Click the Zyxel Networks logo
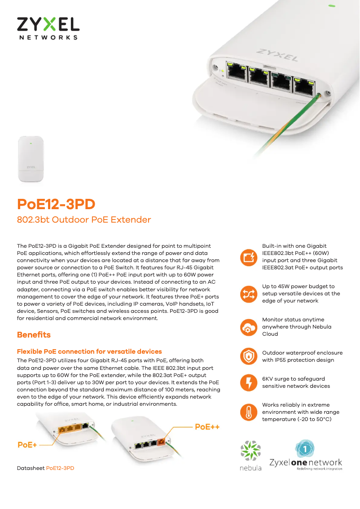pos(48,28)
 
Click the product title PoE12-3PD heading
pos(56,204)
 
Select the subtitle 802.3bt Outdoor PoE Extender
pos(84,220)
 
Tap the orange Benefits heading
pos(34,335)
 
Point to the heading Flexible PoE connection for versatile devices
pos(89,351)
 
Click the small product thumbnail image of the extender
pos(31,159)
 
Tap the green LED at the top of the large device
pos(331,6)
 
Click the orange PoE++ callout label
pos(207,427)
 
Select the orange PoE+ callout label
pos(27,445)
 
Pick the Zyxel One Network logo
pos(305,455)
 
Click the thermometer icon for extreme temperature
pos(248,412)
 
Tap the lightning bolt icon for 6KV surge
pos(248,382)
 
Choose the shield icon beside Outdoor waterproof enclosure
pos(248,356)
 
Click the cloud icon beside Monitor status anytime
pos(248,327)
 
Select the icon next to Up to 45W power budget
pos(248,294)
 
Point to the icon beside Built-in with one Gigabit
pos(248,257)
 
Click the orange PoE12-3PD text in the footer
pos(60,468)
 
